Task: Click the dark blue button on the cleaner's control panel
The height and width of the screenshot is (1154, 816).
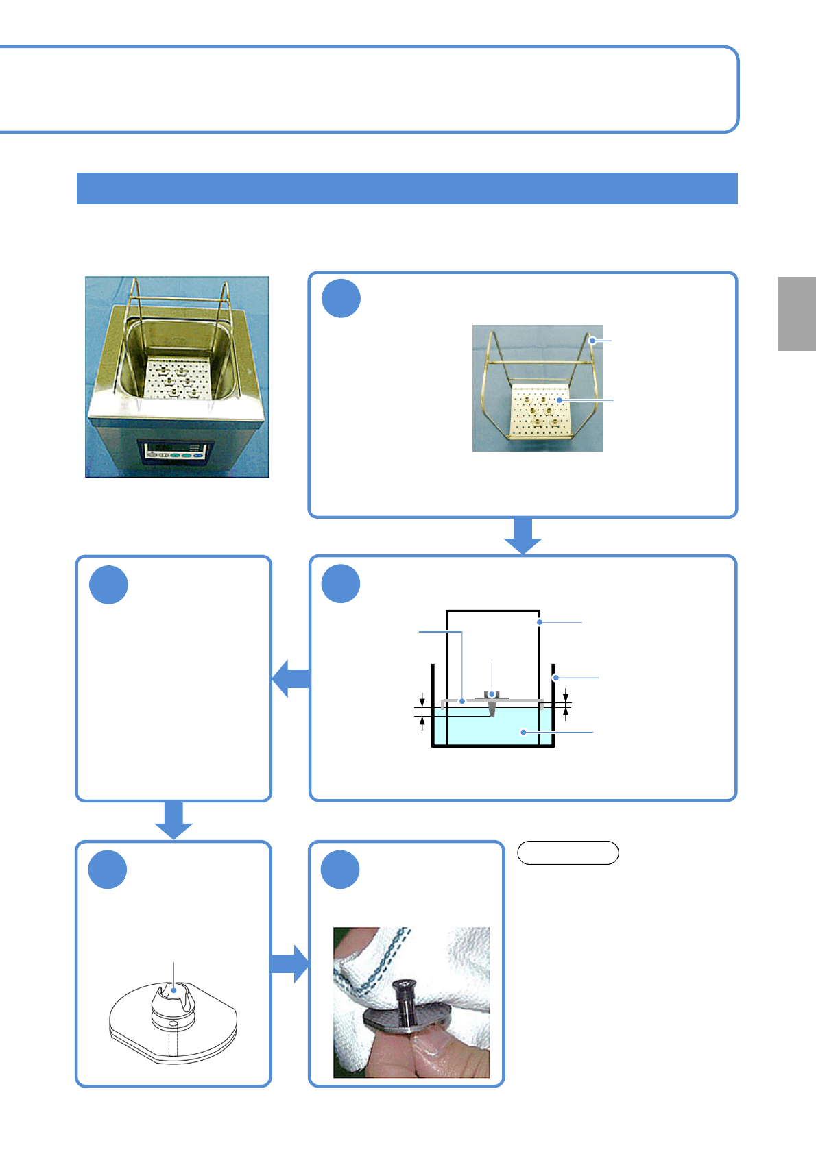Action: click(x=197, y=454)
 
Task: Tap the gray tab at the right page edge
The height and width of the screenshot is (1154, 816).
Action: click(x=796, y=314)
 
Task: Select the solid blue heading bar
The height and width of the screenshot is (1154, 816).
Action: click(x=407, y=188)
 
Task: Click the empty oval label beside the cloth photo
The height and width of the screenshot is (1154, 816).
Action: click(x=568, y=852)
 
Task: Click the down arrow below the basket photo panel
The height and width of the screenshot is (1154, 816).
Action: click(x=523, y=536)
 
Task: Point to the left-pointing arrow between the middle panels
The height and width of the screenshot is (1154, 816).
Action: click(x=291, y=678)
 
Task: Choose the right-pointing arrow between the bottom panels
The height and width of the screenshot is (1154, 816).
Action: click(x=290, y=963)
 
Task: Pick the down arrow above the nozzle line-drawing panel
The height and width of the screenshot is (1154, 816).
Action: click(x=173, y=820)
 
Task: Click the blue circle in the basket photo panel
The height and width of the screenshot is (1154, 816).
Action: click(x=341, y=299)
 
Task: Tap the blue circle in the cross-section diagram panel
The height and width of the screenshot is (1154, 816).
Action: click(x=341, y=584)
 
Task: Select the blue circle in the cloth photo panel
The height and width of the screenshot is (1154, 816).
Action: click(x=341, y=870)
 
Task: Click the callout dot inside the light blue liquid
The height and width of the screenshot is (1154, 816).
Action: click(x=524, y=732)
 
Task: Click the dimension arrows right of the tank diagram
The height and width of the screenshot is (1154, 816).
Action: click(x=566, y=705)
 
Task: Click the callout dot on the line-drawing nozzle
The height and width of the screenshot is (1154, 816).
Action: click(x=174, y=990)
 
